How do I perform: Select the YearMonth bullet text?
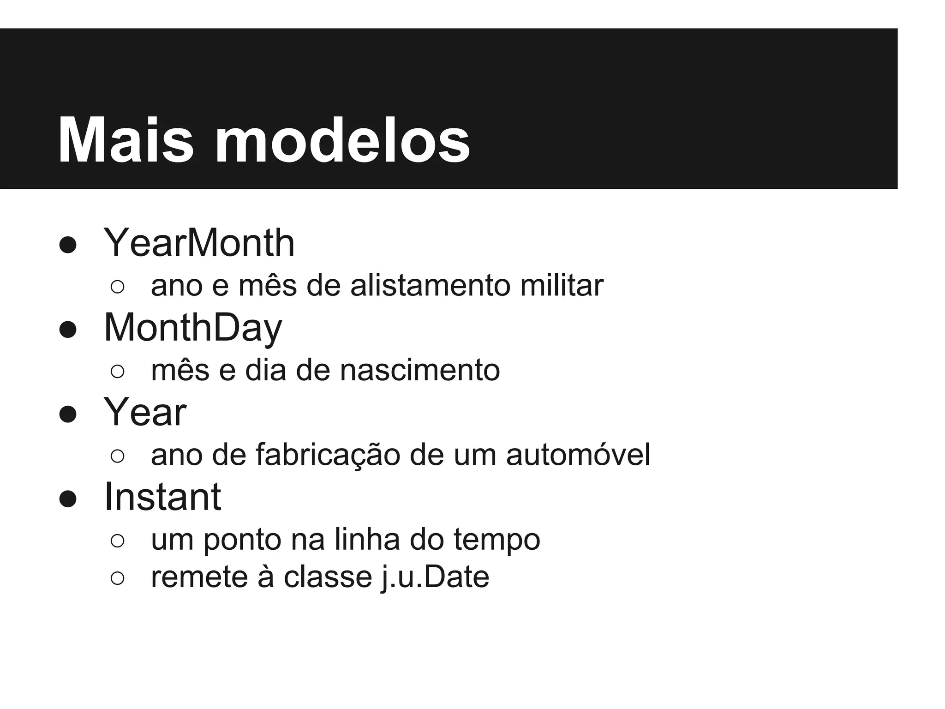(x=199, y=243)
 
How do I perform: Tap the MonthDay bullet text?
(x=193, y=328)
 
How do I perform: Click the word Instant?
(x=162, y=497)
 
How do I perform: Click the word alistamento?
(x=431, y=286)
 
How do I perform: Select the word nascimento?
(x=420, y=370)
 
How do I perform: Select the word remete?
(x=199, y=577)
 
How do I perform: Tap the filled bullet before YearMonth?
(x=68, y=245)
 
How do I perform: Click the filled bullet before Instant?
(x=68, y=499)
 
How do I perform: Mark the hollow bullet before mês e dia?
(x=118, y=372)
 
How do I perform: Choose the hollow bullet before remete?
(x=118, y=579)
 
